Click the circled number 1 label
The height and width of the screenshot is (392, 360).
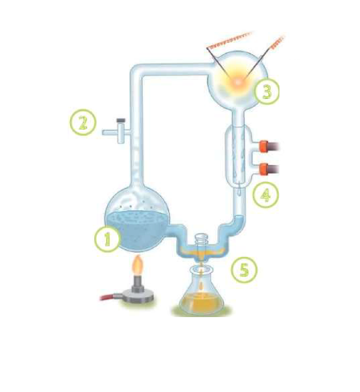tap(107, 239)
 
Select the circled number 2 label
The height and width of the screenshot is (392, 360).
tap(83, 122)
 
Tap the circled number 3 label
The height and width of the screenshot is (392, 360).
tap(267, 92)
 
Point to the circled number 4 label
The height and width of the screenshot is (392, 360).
tap(266, 195)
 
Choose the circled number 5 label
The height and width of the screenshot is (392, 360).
tap(244, 270)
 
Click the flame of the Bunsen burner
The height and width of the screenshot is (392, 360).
tap(139, 265)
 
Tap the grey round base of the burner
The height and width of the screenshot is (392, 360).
tap(138, 296)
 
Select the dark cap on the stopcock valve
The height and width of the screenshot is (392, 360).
tap(121, 121)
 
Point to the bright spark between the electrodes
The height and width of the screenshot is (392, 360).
tap(238, 82)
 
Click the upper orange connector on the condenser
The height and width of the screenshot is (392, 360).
tap(264, 146)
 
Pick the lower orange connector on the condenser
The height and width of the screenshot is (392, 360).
tap(264, 169)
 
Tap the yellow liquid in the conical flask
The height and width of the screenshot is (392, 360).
tap(202, 303)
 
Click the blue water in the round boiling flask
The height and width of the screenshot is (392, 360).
tap(138, 230)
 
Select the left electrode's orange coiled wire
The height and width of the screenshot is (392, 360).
tap(230, 41)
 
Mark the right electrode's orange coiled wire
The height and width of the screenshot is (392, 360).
tap(277, 43)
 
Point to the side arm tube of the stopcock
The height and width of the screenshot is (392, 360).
tap(110, 132)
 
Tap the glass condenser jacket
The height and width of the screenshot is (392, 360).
tap(239, 155)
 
